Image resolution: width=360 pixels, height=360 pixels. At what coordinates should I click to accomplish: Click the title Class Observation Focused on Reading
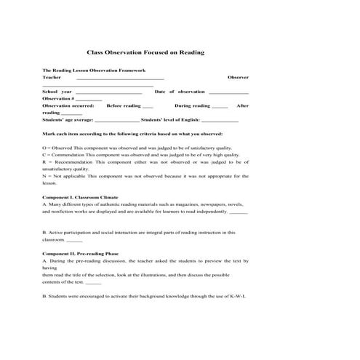(x=145, y=52)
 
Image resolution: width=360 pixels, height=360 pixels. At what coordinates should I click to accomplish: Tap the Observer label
(x=238, y=76)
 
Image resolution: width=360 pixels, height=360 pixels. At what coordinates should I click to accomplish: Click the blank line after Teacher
(x=120, y=77)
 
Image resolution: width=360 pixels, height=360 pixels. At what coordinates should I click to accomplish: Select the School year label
(x=57, y=92)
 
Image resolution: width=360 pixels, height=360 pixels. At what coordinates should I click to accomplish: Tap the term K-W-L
(x=239, y=297)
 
